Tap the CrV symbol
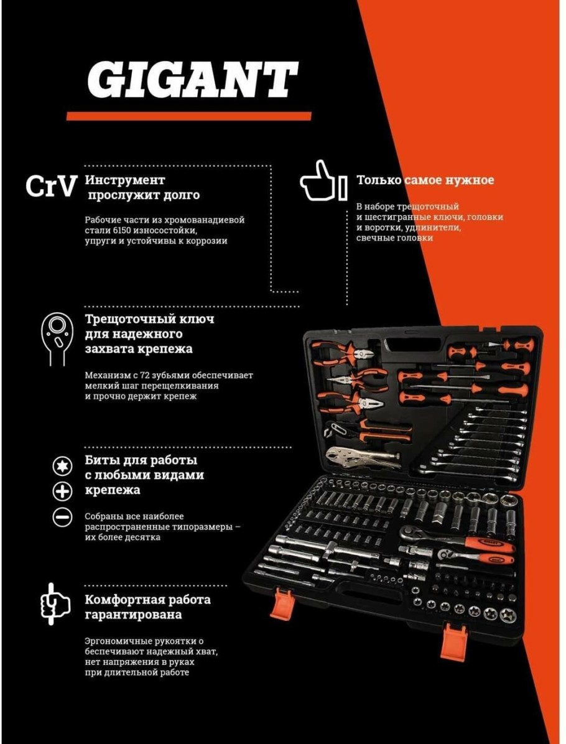click(x=52, y=186)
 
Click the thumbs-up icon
click(x=318, y=181)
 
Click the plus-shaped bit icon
click(x=61, y=492)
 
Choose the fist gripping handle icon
click(x=54, y=602)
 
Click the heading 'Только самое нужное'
click(x=425, y=180)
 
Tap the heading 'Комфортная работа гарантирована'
click(x=147, y=607)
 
